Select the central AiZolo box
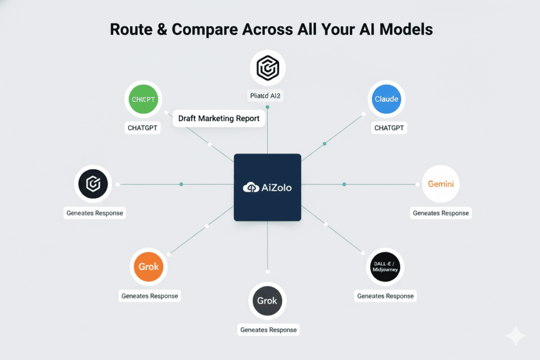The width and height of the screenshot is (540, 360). coord(267,187)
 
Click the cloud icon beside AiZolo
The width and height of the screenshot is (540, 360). coord(250,188)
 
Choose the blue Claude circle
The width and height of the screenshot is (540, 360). coord(387,99)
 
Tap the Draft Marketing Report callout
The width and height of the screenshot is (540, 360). coord(219,118)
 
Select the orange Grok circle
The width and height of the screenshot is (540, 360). coord(149,267)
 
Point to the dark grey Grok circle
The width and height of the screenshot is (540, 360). coord(267,301)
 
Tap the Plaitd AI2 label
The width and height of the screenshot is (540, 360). coord(267,96)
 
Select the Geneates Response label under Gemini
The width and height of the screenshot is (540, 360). coord(440,213)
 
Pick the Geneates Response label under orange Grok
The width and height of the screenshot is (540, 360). coord(150,296)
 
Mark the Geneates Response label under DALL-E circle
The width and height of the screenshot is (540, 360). coord(385,296)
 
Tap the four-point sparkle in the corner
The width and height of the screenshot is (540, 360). coord(515,336)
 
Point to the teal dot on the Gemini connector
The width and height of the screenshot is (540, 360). coord(344,184)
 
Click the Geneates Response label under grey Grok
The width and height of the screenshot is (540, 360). coord(268,330)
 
